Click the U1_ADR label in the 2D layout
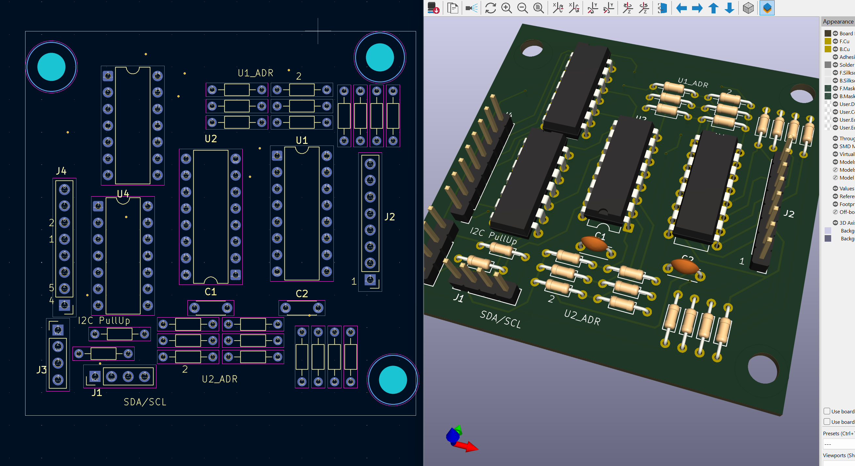coord(255,73)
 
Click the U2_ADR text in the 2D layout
coord(219,379)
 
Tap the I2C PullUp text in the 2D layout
coord(104,321)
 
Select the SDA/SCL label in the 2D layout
coord(145,402)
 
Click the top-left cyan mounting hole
coord(52,67)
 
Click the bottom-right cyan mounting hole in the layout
coord(393,380)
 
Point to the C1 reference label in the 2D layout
coord(210,292)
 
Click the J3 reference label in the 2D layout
coord(41,370)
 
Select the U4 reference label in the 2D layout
coord(123,194)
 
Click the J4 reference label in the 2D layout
coord(61,171)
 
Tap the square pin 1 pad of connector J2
coord(370,280)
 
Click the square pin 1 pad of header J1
coord(95,377)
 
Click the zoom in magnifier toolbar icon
coord(507,8)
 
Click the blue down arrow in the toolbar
coord(729,8)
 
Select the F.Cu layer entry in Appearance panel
coord(844,41)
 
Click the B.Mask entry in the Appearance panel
coord(847,96)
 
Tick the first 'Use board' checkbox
coord(827,411)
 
